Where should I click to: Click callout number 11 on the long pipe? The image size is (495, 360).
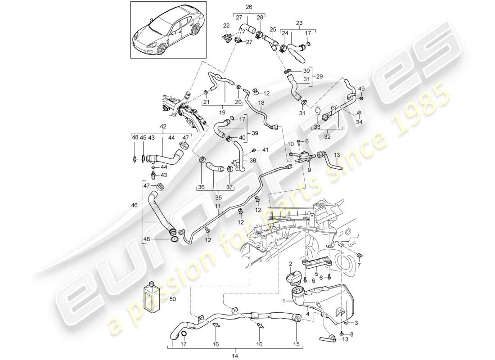(218, 207)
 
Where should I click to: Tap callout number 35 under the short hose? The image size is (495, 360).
(207, 197)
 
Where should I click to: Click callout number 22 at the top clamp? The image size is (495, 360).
(226, 26)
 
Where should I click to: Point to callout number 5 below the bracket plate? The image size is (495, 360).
(317, 273)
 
